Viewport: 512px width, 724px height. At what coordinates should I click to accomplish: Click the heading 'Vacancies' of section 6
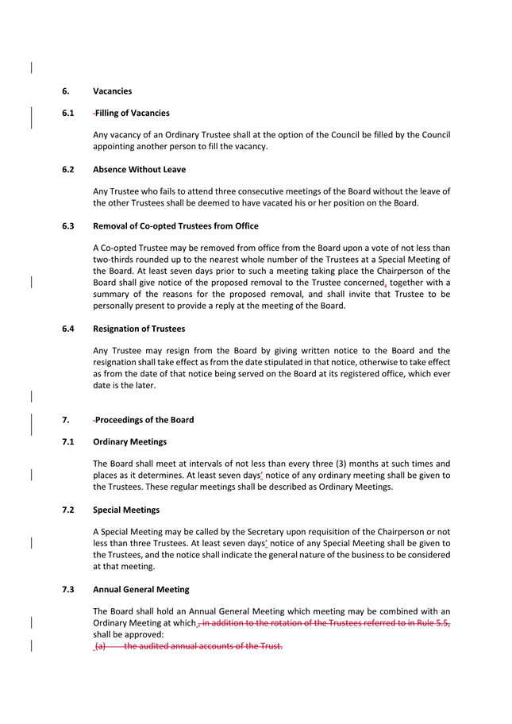coord(112,91)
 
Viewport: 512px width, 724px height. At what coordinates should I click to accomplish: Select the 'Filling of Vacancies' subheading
coord(132,113)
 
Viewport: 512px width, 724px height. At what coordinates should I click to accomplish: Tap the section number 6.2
coord(68,169)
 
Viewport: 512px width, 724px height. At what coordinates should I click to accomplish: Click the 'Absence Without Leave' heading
coord(139,169)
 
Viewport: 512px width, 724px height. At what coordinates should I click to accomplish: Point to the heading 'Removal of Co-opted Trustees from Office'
coord(175,226)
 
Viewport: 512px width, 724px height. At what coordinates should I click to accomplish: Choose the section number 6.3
coord(68,226)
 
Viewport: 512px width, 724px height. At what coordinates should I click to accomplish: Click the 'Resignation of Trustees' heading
coord(139,329)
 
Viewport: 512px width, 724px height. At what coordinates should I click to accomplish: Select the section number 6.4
coord(68,329)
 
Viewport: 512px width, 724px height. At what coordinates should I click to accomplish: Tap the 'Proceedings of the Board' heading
coord(144,420)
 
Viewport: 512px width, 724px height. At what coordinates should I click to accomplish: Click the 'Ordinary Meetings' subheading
coord(129,441)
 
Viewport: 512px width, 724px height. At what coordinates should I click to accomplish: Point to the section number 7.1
coord(68,441)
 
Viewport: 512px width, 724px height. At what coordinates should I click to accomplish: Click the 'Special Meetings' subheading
coord(126,510)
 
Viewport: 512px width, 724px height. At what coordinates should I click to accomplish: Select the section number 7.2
coord(68,510)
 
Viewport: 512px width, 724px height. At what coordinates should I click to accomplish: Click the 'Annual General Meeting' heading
coord(141,589)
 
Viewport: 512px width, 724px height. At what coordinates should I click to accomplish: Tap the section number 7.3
coord(68,589)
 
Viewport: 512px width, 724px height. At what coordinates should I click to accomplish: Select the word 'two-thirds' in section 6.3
coord(114,260)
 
